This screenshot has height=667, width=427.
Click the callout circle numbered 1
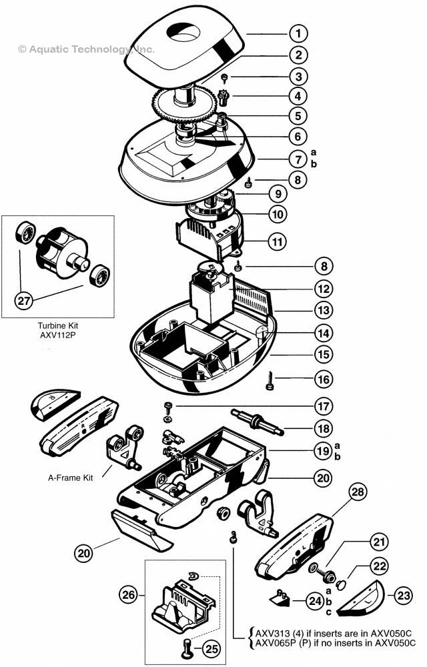point(300,33)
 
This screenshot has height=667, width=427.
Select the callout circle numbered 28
point(358,493)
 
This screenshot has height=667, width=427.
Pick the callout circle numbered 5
point(300,115)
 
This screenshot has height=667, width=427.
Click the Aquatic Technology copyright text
point(86,49)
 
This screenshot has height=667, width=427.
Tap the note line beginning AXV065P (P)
point(331,642)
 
